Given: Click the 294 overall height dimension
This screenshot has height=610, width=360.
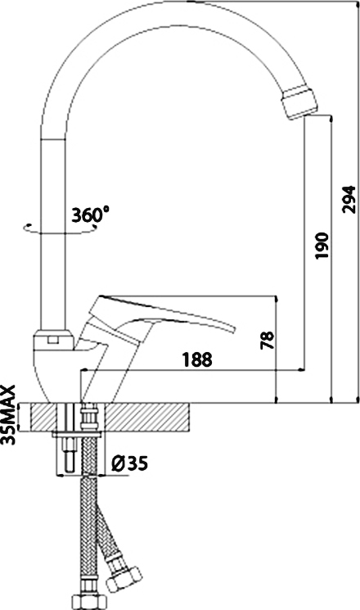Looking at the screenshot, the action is coord(349,199).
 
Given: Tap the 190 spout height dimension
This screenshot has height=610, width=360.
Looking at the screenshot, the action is coord(322,246).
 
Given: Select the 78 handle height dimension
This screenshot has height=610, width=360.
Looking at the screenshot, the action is coord(268,340).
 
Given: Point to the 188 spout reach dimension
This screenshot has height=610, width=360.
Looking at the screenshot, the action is coord(197,359).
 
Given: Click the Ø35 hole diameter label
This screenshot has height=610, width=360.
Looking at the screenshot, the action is coord(129,463).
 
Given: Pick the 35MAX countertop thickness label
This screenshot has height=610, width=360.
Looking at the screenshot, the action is coord(8,414).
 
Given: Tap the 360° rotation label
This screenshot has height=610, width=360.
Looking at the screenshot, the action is coord(90,214).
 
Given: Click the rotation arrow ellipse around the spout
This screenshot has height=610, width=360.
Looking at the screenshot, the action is coord(62,233).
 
